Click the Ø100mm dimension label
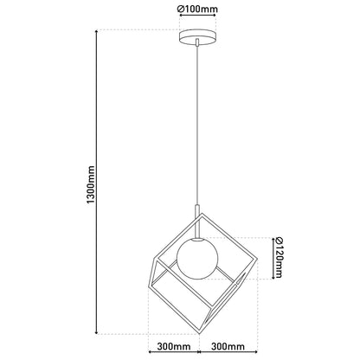click(197, 9)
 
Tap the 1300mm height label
click(91, 184)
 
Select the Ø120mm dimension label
click(280, 257)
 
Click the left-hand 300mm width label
click(174, 346)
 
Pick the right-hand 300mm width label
click(228, 346)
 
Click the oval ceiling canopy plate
click(197, 38)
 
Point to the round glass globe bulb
click(197, 259)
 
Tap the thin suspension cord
click(197, 125)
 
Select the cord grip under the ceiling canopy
click(197, 42)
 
